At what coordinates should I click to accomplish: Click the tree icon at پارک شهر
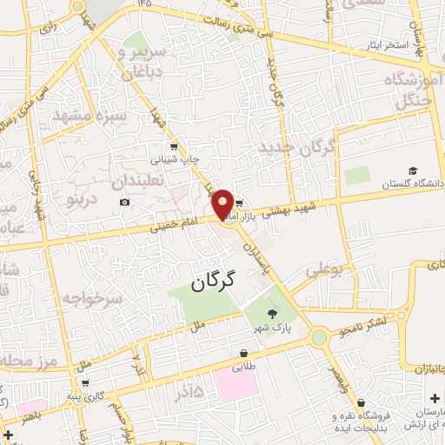coord(274,315)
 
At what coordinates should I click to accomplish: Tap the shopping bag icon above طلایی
coord(244,354)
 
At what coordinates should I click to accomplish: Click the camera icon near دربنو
coord(124,203)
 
